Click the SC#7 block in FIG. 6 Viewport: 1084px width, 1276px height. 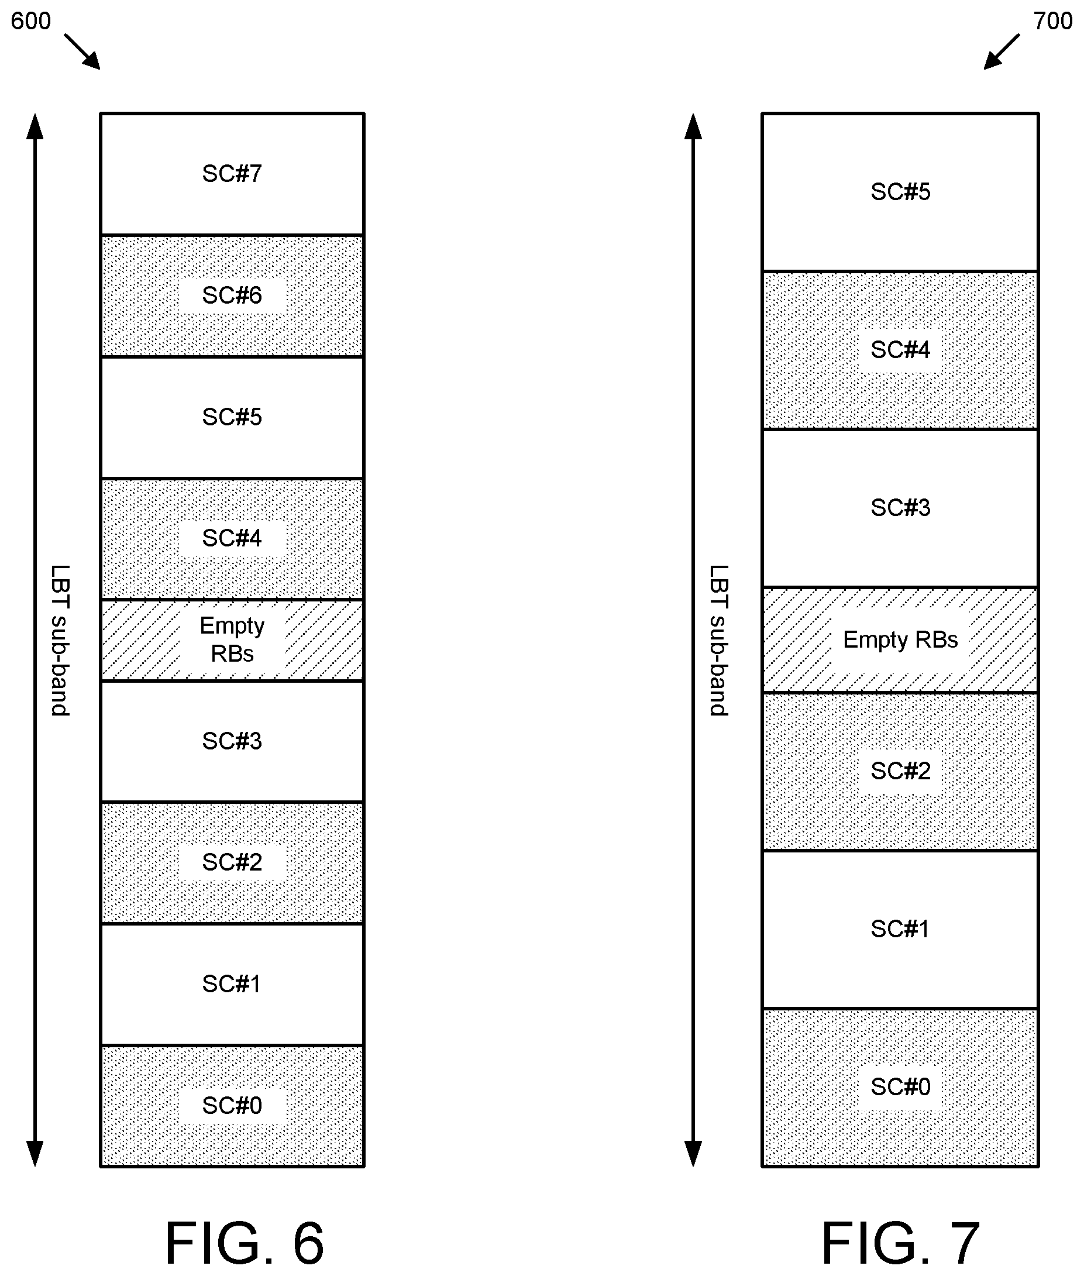pyautogui.click(x=232, y=173)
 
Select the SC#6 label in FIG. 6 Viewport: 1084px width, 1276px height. pyautogui.click(x=232, y=295)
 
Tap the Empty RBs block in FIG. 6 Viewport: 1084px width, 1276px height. pyautogui.click(x=232, y=640)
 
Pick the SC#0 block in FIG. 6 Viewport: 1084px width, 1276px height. pyautogui.click(x=232, y=1106)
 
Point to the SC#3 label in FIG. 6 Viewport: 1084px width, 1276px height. pyautogui.click(x=232, y=741)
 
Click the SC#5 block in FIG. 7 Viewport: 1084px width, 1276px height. pyautogui.click(x=900, y=192)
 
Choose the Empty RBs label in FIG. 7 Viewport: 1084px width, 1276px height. pyautogui.click(x=900, y=640)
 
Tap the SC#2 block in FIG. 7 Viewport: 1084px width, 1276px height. pyautogui.click(x=900, y=771)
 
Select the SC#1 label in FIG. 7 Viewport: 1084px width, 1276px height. pyautogui.click(x=900, y=928)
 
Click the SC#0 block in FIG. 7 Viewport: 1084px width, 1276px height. pyautogui.click(x=900, y=1087)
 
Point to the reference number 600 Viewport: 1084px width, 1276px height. pyautogui.click(x=31, y=21)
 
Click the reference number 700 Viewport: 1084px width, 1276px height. pyautogui.click(x=1052, y=21)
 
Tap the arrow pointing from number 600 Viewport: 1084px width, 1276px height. pyautogui.click(x=82, y=51)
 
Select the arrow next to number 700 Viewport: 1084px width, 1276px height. pyautogui.click(x=1001, y=51)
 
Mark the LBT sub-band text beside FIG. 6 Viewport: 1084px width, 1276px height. pyautogui.click(x=60, y=640)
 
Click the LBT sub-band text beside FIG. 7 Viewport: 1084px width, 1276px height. pyautogui.click(x=718, y=640)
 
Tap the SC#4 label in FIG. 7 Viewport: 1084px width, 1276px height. pyautogui.click(x=900, y=349)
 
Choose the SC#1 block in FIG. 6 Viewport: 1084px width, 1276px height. pyautogui.click(x=232, y=985)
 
